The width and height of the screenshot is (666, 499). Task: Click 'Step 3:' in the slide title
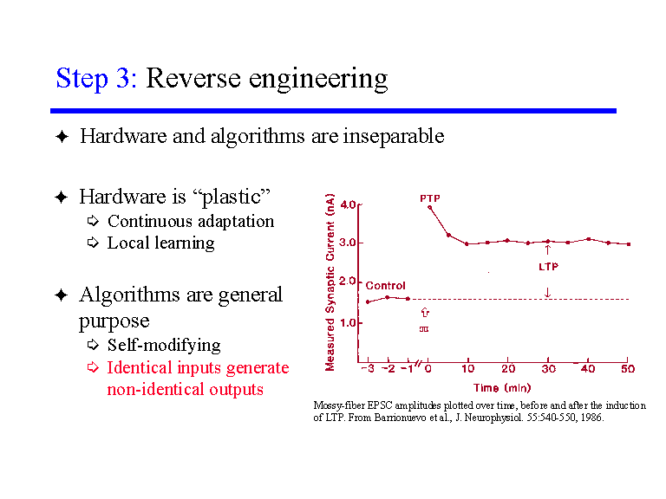(95, 79)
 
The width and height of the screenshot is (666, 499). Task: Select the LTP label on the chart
(548, 267)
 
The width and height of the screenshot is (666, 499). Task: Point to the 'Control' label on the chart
(385, 285)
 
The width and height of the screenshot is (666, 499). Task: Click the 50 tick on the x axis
(627, 369)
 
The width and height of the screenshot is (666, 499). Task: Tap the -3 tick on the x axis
(368, 369)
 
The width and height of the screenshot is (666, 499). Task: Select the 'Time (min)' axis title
(501, 387)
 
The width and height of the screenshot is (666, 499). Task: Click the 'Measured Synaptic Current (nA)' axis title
(330, 282)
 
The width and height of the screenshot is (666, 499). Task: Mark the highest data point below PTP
(430, 206)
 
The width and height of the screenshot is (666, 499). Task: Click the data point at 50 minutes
(628, 244)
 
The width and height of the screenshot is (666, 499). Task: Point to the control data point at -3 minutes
(368, 301)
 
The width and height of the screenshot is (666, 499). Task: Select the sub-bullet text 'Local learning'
(160, 243)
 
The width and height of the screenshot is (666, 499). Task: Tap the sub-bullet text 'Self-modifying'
(164, 345)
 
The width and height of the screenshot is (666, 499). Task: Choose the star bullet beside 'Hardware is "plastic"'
(61, 198)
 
